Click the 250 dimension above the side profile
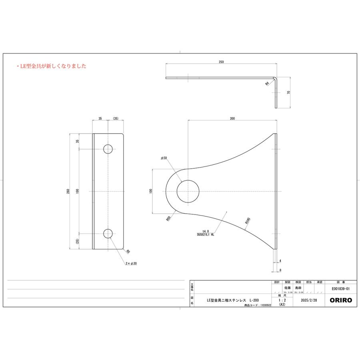(221, 62)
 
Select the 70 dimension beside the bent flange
(288, 92)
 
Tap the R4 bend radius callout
(267, 84)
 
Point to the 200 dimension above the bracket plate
(232, 119)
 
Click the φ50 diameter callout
(164, 158)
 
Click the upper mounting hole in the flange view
(108, 149)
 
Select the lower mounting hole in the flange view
(108, 234)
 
